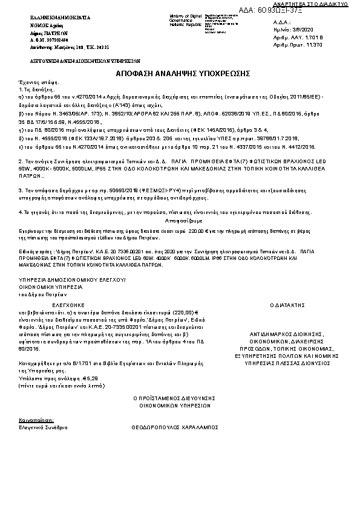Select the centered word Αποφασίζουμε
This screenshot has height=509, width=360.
coord(180,221)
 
